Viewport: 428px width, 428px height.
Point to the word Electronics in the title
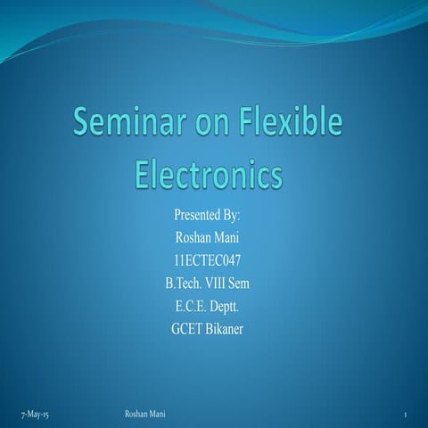[x=208, y=172]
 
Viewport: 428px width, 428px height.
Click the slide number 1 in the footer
[x=406, y=416]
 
